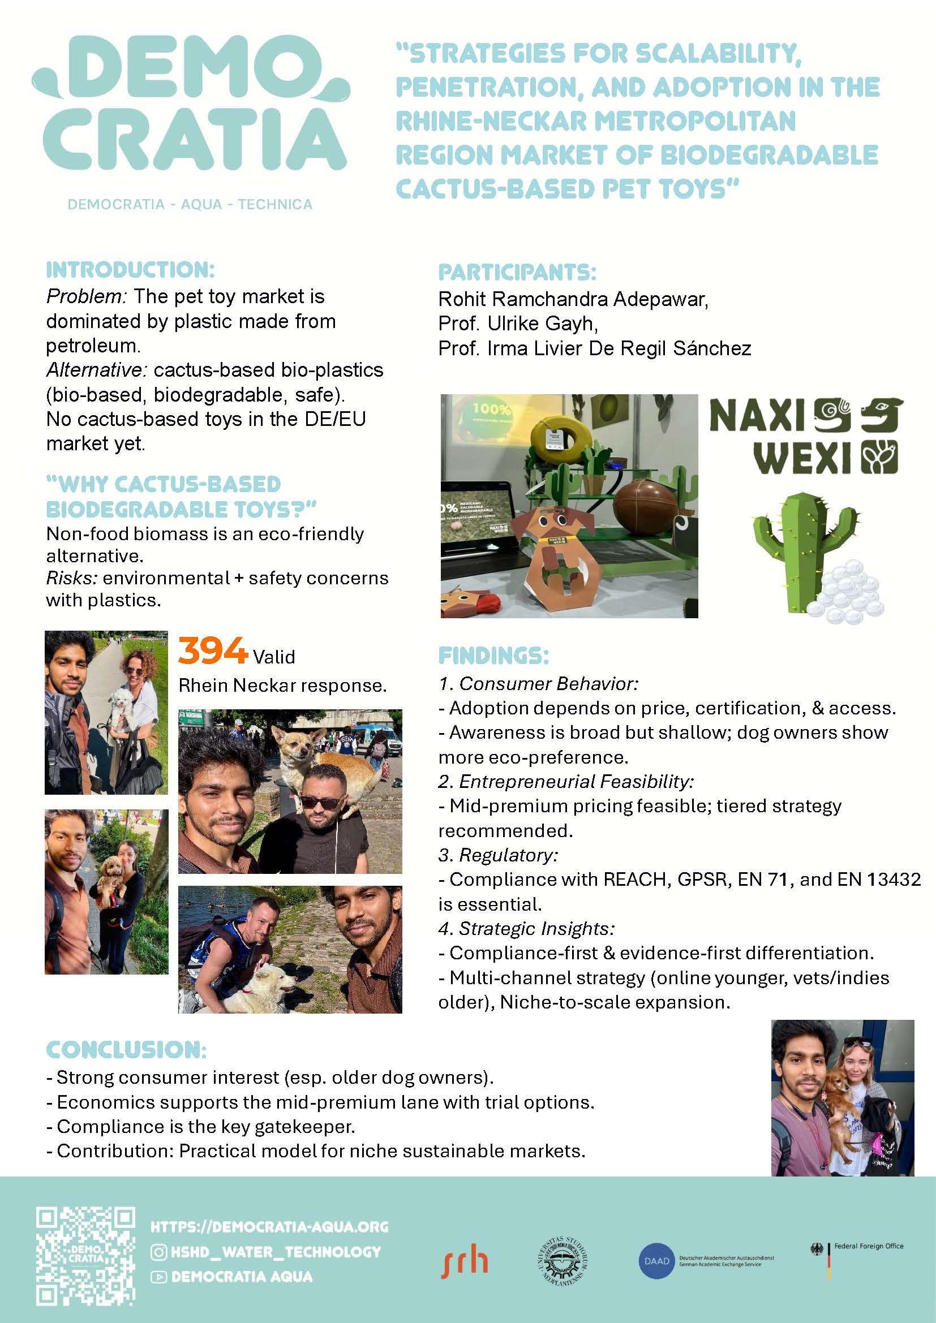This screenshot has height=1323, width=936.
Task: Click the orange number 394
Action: coord(212,650)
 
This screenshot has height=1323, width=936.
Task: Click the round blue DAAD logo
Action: coord(656,1261)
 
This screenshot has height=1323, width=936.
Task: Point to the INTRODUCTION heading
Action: coord(130,270)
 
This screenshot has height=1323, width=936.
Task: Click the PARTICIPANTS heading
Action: coord(517,272)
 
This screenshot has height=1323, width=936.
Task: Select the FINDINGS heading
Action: coord(493,656)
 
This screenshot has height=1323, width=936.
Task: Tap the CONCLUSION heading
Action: coord(126,1049)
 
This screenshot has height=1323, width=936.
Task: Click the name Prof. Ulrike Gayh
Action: coord(518,324)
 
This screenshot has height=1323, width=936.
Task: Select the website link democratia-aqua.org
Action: coord(269,1226)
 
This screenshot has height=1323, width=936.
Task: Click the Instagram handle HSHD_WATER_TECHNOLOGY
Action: coord(276,1252)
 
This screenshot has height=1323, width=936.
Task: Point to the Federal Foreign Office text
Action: coord(869,1246)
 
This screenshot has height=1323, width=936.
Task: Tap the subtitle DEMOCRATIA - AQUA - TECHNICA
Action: coord(190,205)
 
